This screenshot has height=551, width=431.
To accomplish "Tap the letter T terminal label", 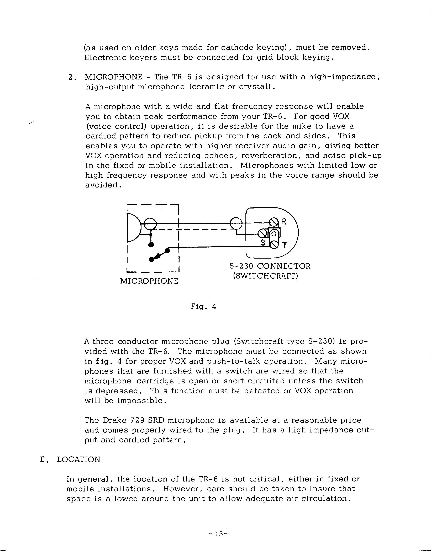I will coord(284,245).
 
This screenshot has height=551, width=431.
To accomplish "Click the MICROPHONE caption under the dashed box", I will coord(149,281).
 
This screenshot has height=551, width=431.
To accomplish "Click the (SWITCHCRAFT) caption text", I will coord(265,276).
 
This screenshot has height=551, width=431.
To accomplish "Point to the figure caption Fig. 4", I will coord(203,307).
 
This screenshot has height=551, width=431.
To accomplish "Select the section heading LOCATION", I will coord(78,459).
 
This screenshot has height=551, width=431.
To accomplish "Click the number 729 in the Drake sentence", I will coord(137,420).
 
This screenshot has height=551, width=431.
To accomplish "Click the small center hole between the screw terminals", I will coord(274,234).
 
